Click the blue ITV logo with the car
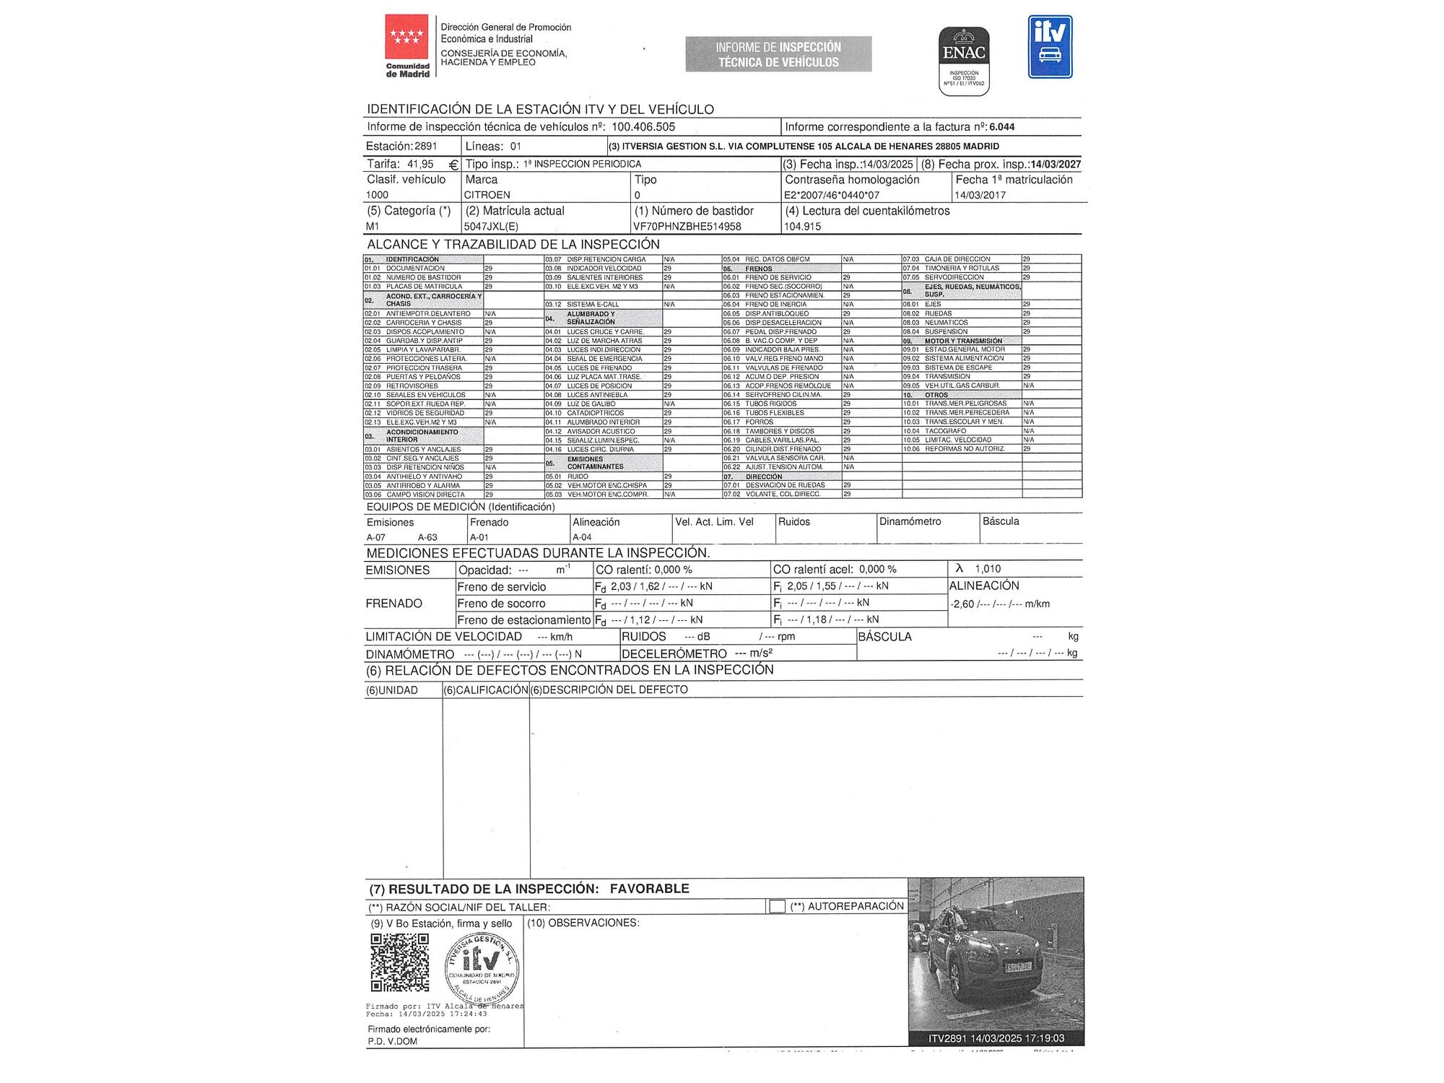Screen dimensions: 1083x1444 [1050, 47]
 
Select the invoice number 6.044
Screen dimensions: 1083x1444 [1001, 127]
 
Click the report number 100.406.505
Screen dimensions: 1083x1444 [643, 127]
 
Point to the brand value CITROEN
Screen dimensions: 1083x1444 [487, 195]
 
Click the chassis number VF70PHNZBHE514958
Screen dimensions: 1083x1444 [687, 227]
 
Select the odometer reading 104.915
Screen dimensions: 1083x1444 [802, 227]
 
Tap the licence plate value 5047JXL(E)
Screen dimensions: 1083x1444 [491, 227]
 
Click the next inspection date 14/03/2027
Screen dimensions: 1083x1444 [1056, 165]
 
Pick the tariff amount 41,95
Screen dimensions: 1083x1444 [420, 165]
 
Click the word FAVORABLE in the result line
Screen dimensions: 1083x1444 [649, 889]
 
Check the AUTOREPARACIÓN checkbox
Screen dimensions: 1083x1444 [778, 906]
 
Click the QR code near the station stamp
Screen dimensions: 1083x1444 [399, 962]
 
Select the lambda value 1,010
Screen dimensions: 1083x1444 [988, 569]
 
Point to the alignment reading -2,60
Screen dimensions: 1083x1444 [962, 604]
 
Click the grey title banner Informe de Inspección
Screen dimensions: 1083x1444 [778, 54]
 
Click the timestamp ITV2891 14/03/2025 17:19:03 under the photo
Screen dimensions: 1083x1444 [996, 1038]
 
